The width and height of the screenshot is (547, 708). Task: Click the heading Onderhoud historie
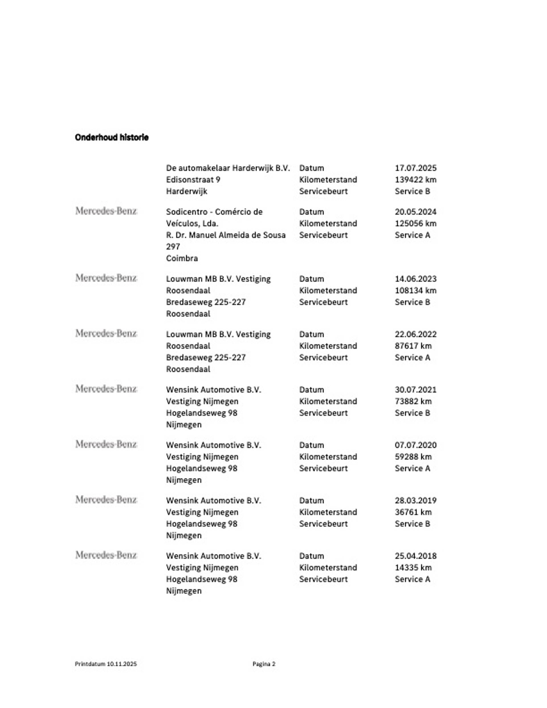click(x=112, y=137)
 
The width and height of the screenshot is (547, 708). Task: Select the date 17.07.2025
click(x=415, y=168)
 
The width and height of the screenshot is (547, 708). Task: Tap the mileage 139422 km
click(x=415, y=179)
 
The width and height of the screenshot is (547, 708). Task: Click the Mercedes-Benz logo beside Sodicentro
click(x=106, y=211)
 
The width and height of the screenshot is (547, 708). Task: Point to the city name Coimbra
click(x=182, y=258)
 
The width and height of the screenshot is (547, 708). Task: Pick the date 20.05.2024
click(x=415, y=212)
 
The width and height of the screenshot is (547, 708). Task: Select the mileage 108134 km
click(x=415, y=290)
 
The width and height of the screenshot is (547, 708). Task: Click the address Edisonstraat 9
click(x=193, y=179)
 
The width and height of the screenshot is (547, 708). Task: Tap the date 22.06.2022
click(x=415, y=334)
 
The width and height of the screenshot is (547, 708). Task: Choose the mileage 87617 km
click(x=413, y=346)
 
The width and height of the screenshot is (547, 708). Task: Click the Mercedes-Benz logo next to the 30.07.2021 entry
click(x=106, y=389)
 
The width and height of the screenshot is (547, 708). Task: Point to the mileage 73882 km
click(x=413, y=401)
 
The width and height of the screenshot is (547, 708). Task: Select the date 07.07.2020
click(x=415, y=445)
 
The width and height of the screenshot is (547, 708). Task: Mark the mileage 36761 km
click(x=413, y=512)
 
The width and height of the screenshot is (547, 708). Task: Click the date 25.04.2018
click(x=415, y=556)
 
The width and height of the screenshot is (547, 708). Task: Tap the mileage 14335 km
click(x=413, y=568)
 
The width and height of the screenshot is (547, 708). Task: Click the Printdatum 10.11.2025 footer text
click(x=106, y=664)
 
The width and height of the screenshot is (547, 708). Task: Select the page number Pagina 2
click(x=264, y=664)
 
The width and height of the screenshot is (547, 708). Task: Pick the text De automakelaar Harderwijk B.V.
click(x=228, y=168)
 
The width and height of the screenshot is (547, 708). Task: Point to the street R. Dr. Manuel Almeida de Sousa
click(x=226, y=235)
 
